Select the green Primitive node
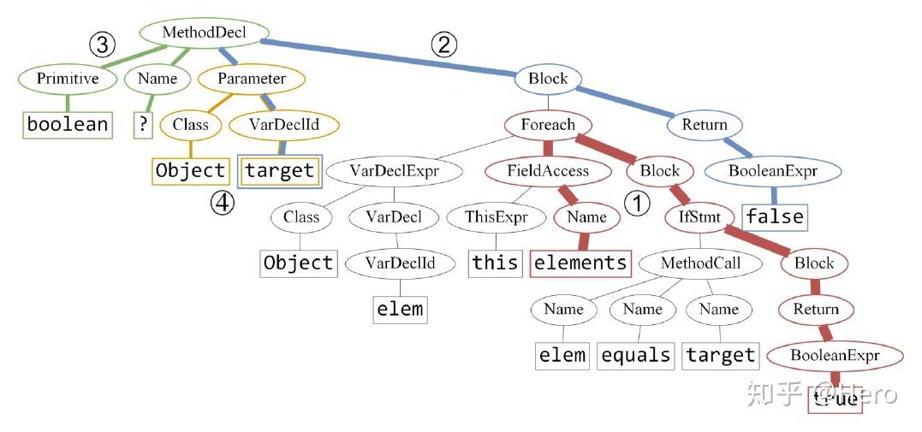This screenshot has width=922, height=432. coord(68,79)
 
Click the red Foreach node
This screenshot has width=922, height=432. coord(548,125)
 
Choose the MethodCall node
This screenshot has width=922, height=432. coord(700,263)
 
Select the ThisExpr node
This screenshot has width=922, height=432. coord(496,217)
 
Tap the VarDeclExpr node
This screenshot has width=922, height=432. coord(394,171)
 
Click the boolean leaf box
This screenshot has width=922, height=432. coord(68,124)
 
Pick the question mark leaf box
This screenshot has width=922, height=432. coord(143,124)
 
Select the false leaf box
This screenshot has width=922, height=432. coord(774,216)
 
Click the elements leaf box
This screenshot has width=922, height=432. coord(580,263)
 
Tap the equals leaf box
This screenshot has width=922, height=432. coord(635,355)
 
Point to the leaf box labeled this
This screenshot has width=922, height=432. coord(496,263)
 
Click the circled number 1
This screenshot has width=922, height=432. coord(636,203)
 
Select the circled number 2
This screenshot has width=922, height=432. coord(443,44)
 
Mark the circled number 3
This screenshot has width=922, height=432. coord(102,44)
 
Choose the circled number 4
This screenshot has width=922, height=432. coord(223,204)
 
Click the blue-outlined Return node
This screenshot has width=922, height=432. coord(705,125)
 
